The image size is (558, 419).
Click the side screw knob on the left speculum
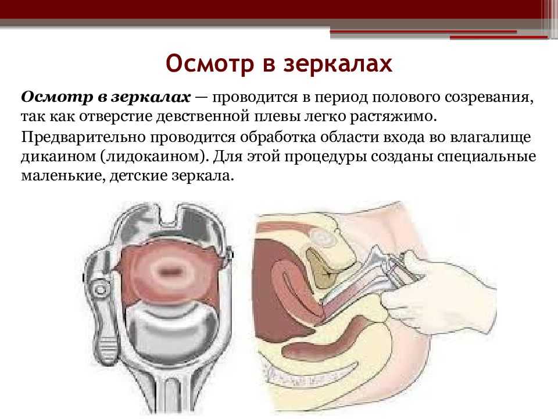tap(100, 287)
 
